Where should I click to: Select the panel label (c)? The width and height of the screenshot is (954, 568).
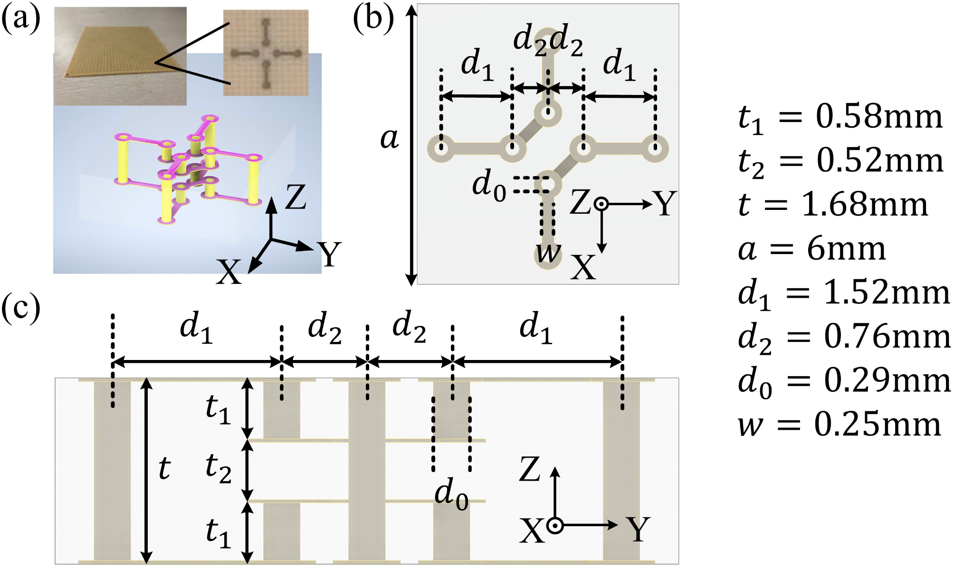[21, 309]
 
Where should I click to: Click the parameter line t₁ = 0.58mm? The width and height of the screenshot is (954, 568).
[840, 118]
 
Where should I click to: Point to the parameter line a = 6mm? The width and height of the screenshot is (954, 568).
[811, 249]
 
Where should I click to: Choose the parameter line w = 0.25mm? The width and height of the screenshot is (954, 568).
[839, 425]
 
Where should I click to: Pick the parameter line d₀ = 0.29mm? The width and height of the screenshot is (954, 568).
[844, 381]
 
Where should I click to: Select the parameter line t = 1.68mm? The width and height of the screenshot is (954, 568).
[832, 205]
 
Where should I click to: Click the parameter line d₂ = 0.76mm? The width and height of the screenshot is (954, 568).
[844, 338]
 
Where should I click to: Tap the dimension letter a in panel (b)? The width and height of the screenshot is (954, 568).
[390, 139]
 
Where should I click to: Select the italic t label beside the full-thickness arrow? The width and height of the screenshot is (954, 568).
[164, 468]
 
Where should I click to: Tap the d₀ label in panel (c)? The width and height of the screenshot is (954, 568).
[451, 494]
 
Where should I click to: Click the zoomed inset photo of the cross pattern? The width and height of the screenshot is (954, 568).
[266, 53]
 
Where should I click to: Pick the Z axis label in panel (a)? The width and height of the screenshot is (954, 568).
[295, 198]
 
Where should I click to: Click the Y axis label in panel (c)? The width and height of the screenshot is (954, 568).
[638, 529]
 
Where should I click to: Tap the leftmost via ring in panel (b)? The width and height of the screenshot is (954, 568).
[441, 148]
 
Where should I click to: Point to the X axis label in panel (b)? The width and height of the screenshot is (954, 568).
[582, 267]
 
